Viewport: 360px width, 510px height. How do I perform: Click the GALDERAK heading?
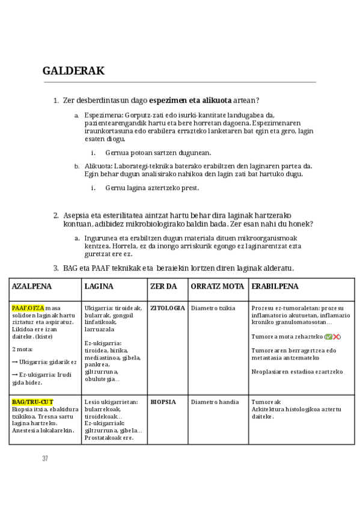click(73, 71)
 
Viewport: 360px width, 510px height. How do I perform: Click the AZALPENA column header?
click(32, 286)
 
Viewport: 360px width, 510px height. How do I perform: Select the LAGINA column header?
click(99, 286)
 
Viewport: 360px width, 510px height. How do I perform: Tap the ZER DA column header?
click(163, 286)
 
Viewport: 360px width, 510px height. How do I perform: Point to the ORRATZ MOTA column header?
click(217, 286)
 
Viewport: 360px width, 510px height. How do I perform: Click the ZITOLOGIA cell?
click(167, 308)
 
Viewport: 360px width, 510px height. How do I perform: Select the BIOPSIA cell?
click(163, 402)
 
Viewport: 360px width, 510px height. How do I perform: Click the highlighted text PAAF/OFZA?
click(28, 308)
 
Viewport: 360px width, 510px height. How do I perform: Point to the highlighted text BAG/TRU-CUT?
click(32, 402)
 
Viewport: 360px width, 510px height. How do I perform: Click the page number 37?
click(45, 458)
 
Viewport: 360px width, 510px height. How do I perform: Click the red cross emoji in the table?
click(337, 337)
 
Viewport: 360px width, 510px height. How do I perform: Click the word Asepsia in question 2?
click(76, 215)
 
